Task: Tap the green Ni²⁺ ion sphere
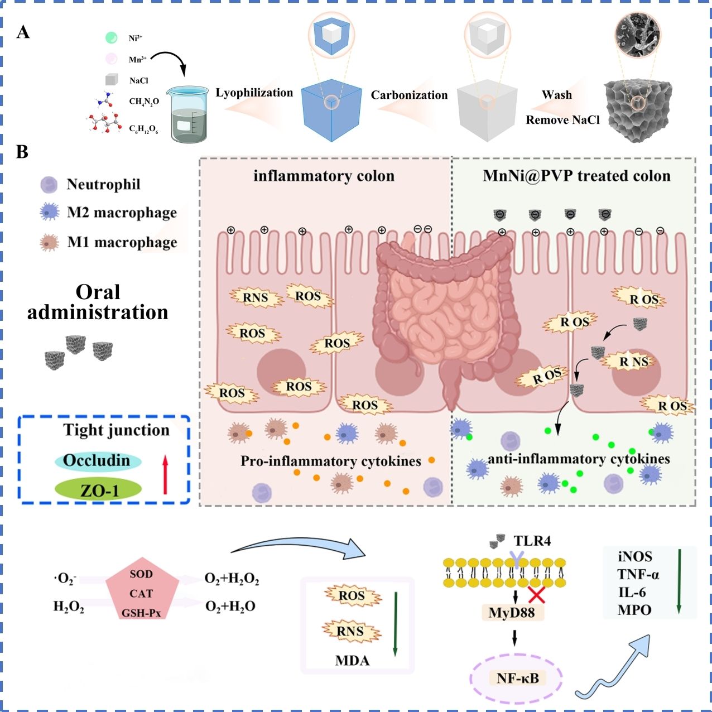point(112,38)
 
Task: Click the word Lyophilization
point(254,93)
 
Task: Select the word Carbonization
point(409,95)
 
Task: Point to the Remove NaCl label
point(562,120)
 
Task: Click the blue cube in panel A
point(330,110)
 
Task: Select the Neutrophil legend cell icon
point(49,185)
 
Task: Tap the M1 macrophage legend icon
point(50,243)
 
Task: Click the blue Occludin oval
point(97,461)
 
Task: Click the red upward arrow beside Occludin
point(165,474)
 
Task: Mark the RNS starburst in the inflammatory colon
point(256,297)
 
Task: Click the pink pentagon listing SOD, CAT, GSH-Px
point(142,593)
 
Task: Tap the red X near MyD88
point(536,595)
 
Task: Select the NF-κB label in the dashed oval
point(517,679)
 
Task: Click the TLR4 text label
point(532,541)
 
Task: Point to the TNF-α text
point(638,575)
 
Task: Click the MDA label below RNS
point(352,661)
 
